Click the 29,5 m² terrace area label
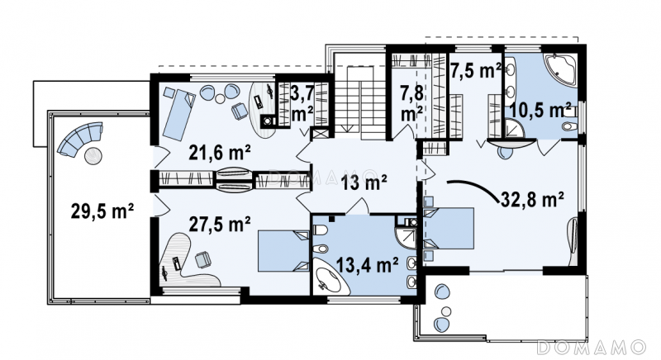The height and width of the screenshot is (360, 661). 102,211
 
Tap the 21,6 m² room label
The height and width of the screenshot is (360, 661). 220,153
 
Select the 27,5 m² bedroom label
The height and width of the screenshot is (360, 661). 220,225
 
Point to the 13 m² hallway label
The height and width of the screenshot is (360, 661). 364,182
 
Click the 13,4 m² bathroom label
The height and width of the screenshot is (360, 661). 367,265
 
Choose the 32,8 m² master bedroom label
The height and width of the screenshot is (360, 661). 533,199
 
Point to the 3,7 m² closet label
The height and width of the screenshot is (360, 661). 302,103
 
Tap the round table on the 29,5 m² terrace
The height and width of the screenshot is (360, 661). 93,156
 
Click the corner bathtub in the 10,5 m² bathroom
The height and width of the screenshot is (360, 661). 560,70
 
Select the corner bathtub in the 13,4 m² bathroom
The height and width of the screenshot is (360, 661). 329,277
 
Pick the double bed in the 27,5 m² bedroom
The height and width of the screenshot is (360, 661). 283,250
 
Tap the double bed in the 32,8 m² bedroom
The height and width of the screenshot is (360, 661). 449,229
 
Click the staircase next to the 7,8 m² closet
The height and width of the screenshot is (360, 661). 360,102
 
